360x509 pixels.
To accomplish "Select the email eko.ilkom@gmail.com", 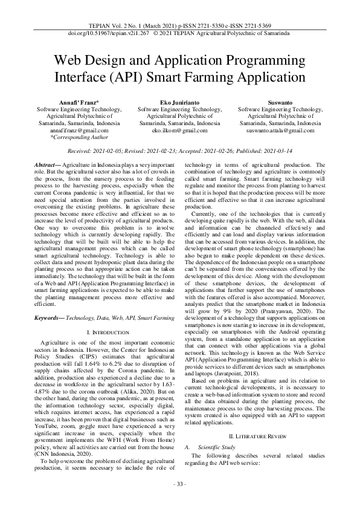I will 180,131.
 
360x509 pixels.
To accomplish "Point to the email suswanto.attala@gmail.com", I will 280,131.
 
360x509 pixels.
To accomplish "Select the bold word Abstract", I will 45,165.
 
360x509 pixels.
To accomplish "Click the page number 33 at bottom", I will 180,484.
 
